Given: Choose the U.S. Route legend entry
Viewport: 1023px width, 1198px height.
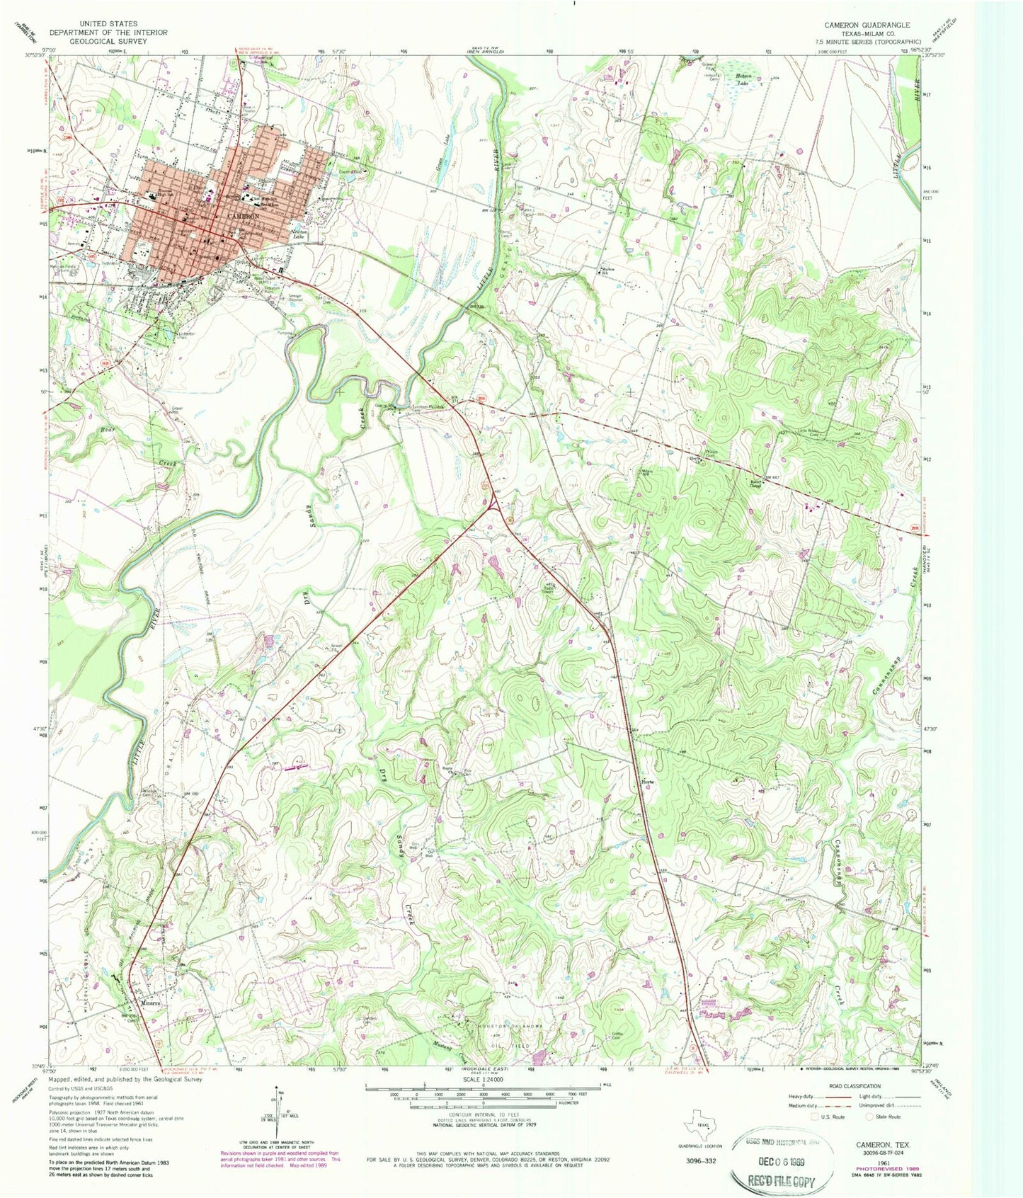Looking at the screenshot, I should point(830,1117).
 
